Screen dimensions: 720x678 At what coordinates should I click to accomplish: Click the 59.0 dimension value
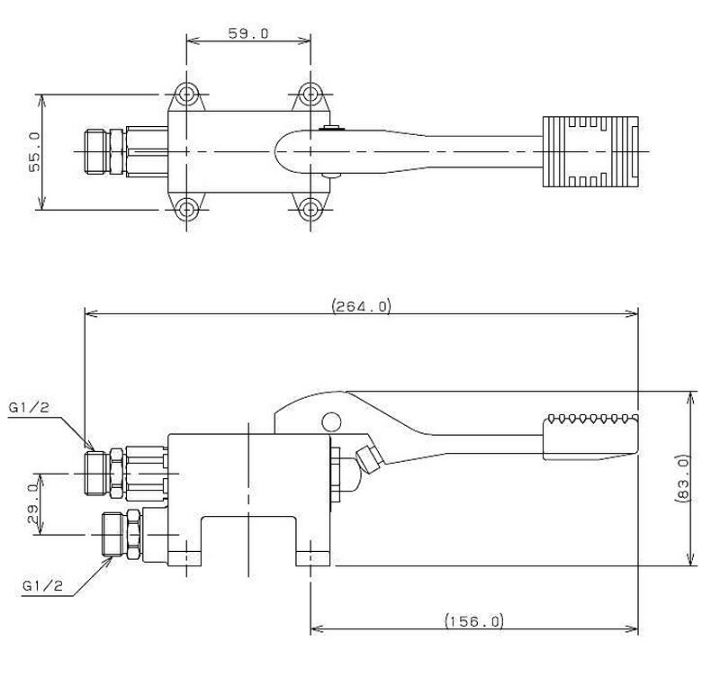[x=248, y=33]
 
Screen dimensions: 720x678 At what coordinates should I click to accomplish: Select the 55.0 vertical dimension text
[x=34, y=151]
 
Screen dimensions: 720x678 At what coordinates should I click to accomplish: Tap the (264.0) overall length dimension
[x=362, y=305]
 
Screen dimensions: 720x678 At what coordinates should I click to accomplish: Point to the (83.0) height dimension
[x=682, y=478]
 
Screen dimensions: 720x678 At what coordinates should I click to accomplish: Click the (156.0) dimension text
[x=474, y=621]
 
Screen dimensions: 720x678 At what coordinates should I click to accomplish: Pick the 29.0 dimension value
[x=33, y=503]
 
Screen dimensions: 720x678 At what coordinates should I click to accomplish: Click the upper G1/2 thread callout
[x=29, y=408]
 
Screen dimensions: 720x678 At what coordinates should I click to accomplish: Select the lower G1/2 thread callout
[x=42, y=585]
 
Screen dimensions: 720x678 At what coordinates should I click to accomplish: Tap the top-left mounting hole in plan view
[x=186, y=95]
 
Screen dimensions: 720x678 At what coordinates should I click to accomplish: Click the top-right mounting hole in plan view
[x=310, y=95]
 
